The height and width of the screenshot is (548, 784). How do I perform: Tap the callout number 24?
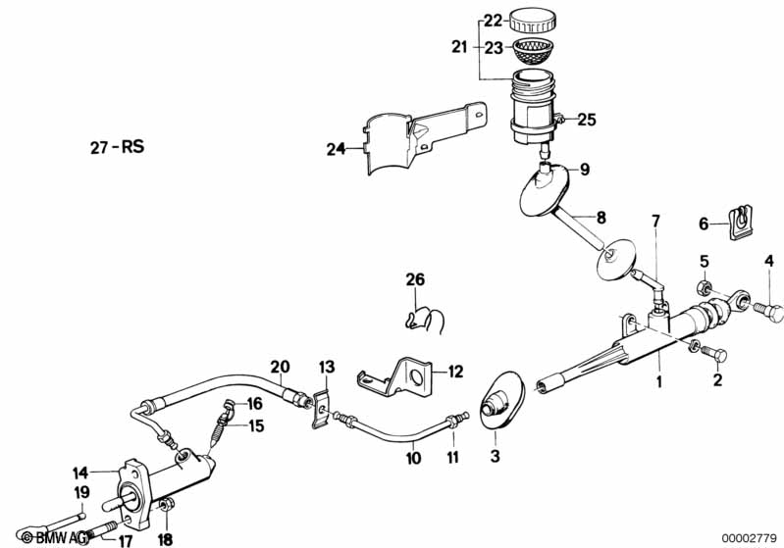coord(337,150)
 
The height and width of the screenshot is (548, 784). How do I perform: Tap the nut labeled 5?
coord(704,287)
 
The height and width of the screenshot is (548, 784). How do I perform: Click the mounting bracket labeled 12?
coord(404,375)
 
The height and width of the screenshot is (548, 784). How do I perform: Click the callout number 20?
coord(281,369)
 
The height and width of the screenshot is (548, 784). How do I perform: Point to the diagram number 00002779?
coord(749,536)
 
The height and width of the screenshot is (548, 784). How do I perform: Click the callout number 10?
coord(414,458)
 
